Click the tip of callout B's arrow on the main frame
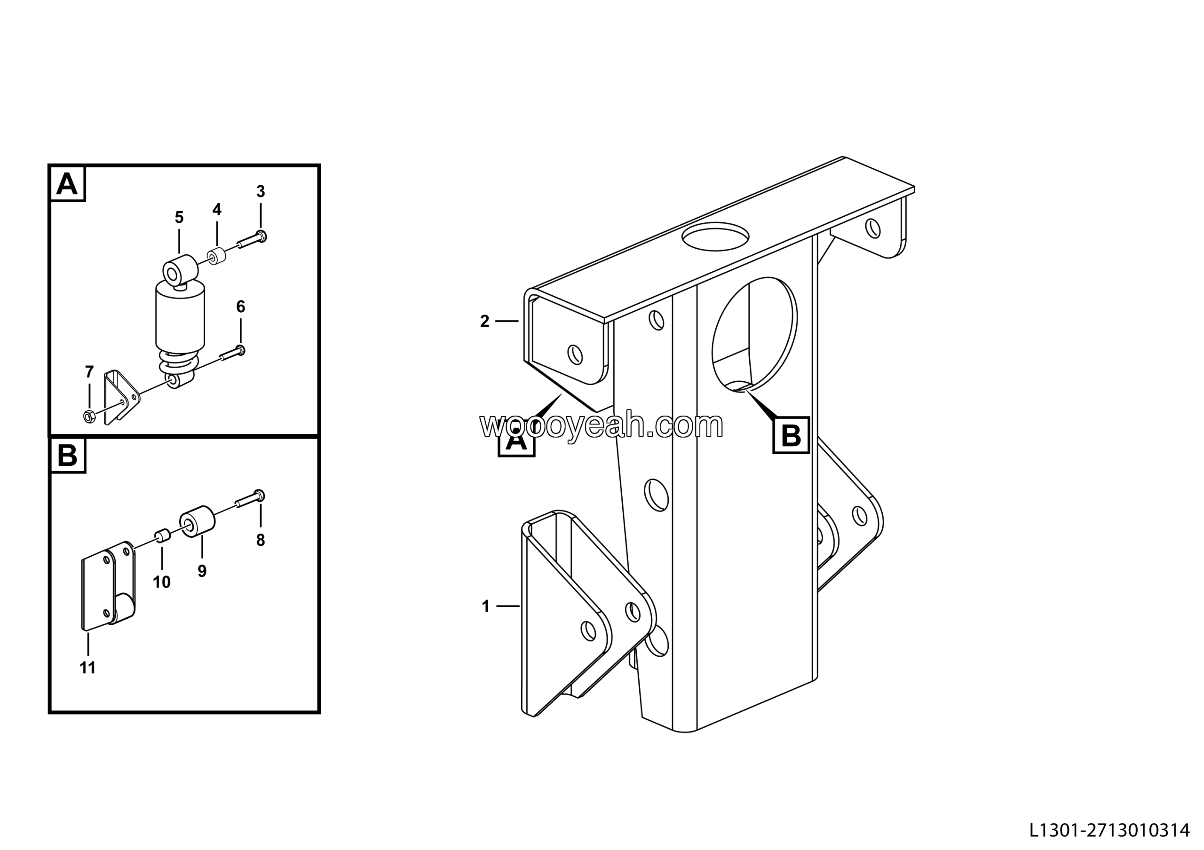click(x=745, y=390)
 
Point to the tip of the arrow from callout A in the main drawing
click(x=562, y=394)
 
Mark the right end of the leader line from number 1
click(x=520, y=606)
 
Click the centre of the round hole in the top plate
click(x=715, y=237)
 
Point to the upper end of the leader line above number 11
click(x=88, y=633)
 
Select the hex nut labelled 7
click(x=90, y=417)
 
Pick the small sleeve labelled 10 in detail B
click(x=162, y=536)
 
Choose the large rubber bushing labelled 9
click(x=197, y=521)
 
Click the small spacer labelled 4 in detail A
click(x=216, y=256)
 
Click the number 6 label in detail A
click(x=241, y=307)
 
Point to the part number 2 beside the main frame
click(x=484, y=321)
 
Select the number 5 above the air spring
click(x=179, y=218)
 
